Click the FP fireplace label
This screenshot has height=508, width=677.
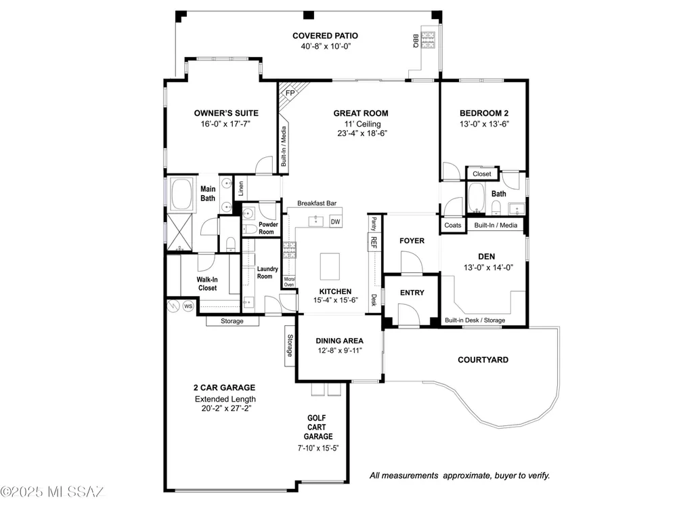pyautogui.click(x=290, y=93)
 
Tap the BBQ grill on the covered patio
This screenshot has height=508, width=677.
pyautogui.click(x=429, y=40)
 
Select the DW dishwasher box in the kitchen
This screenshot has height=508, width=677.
pyautogui.click(x=336, y=221)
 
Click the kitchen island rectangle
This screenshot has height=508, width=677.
pyautogui.click(x=330, y=266)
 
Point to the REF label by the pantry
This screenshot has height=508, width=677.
pyautogui.click(x=374, y=242)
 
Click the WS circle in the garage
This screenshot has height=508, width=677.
pyautogui.click(x=188, y=306)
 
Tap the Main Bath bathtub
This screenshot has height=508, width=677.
pyautogui.click(x=182, y=193)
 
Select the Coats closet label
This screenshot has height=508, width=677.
pyautogui.click(x=453, y=225)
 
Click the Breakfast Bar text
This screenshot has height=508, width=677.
pyautogui.click(x=317, y=203)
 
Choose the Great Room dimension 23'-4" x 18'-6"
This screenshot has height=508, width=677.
pyautogui.click(x=362, y=133)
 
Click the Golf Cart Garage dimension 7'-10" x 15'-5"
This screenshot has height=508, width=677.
pyautogui.click(x=318, y=448)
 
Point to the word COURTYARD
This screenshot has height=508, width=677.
pyautogui.click(x=483, y=360)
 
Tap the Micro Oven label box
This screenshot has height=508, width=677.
pyautogui.click(x=289, y=282)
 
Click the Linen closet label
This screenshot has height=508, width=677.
pyautogui.click(x=241, y=188)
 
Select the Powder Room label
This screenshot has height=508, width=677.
pyautogui.click(x=267, y=228)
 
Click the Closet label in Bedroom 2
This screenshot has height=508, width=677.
pyautogui.click(x=482, y=173)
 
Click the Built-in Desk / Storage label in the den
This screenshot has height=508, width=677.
pyautogui.click(x=475, y=320)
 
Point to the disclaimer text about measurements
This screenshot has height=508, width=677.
pyautogui.click(x=460, y=475)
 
